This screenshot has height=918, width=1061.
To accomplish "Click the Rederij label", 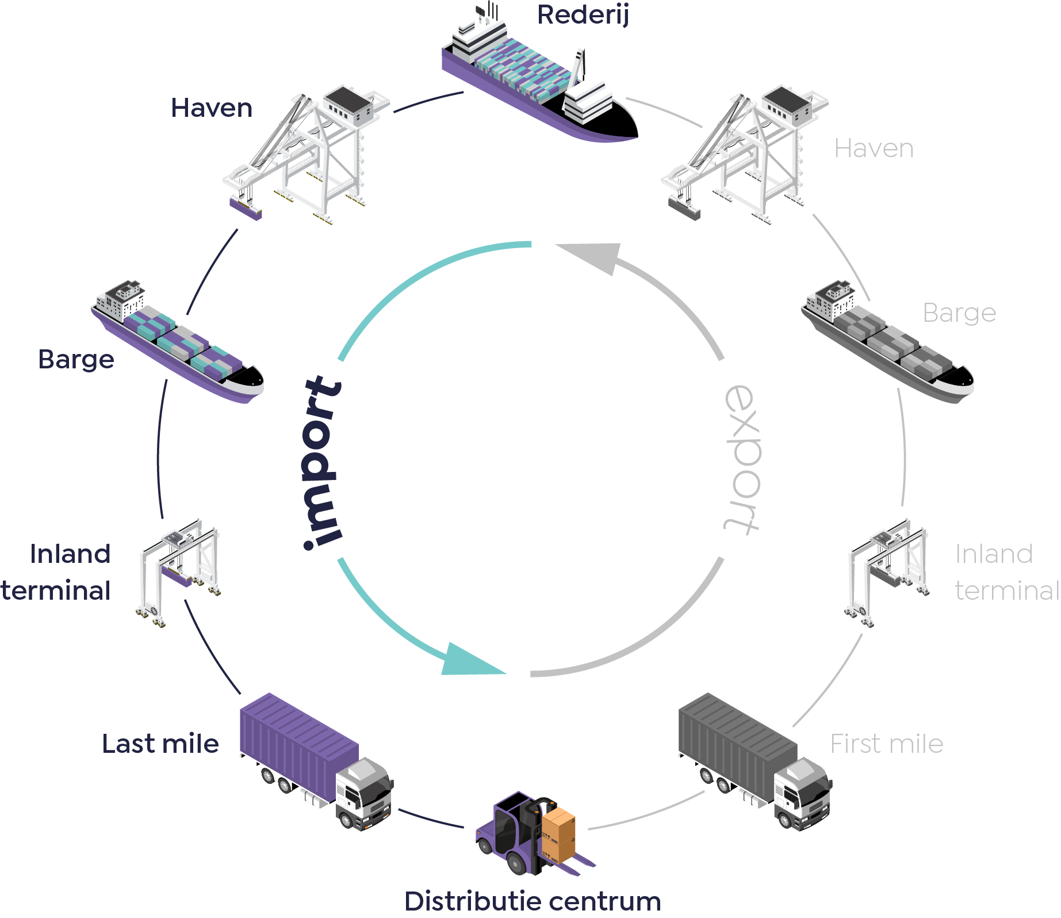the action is click(583, 16).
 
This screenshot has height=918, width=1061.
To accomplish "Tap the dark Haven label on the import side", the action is click(212, 108).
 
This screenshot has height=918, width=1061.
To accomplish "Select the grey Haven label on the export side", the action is click(874, 148).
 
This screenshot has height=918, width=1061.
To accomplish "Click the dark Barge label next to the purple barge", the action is click(76, 360).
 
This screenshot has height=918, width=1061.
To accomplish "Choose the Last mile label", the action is click(160, 744).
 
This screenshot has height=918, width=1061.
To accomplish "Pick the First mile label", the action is click(887, 744).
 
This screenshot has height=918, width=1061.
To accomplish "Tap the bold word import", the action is click(323, 463).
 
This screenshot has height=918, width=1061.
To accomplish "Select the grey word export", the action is click(742, 459).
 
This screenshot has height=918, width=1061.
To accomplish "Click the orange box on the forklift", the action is click(558, 835).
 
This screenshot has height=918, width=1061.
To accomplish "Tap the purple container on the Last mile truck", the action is click(299, 745).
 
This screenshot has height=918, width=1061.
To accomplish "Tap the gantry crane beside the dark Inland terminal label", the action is click(179, 572).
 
